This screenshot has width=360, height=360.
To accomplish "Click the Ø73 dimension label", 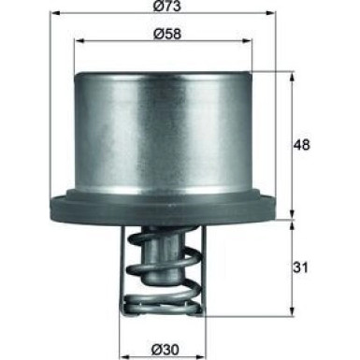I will click(x=180, y=10).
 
